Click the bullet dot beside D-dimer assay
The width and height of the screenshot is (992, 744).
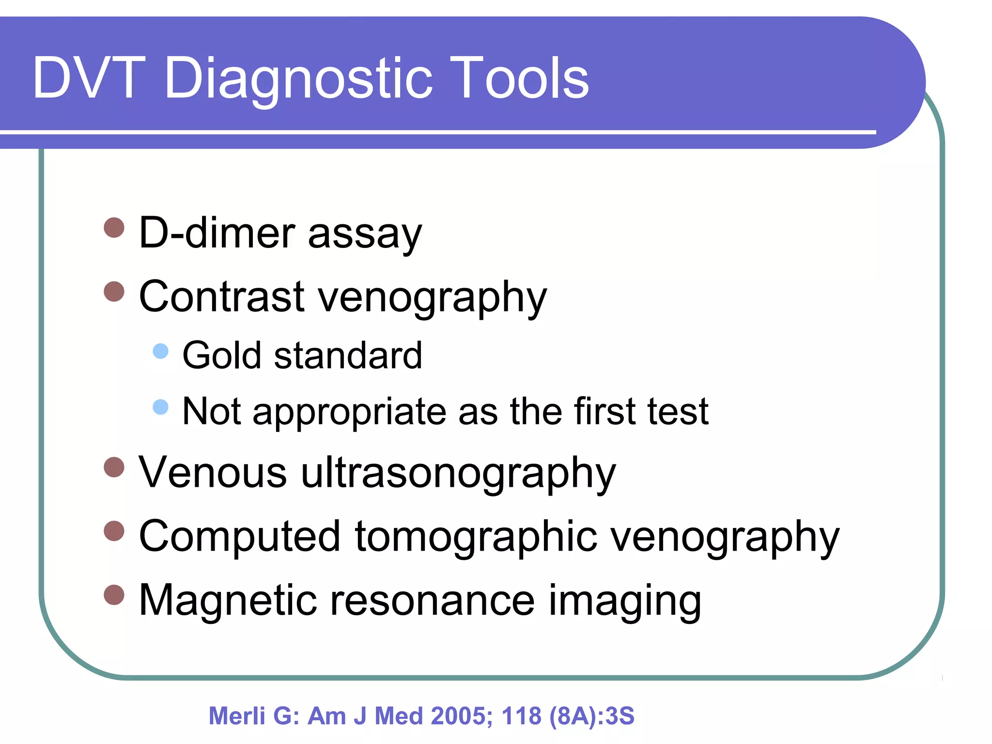114,227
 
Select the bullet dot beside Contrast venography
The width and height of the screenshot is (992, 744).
114,291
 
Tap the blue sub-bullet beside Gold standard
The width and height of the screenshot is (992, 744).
160,351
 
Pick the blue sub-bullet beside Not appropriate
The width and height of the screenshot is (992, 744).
160,407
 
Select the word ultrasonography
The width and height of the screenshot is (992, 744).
458,473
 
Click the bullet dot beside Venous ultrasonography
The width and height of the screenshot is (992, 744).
114,467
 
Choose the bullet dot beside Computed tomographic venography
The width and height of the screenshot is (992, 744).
114,530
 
